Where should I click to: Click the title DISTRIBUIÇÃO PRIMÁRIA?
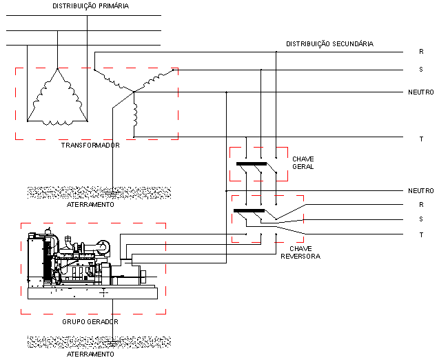click(91, 6)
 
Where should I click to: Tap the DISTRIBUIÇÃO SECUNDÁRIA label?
click(329, 44)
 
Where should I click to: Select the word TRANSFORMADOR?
click(90, 145)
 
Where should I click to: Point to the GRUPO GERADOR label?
click(90, 321)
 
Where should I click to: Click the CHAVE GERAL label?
click(303, 163)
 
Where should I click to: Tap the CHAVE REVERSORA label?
click(300, 252)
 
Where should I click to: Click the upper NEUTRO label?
click(421, 92)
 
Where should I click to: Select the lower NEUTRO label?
click(421, 191)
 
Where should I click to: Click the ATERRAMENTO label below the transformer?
click(90, 205)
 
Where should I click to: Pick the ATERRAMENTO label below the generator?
click(90, 354)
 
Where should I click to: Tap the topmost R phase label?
click(421, 52)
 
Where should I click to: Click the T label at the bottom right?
click(421, 234)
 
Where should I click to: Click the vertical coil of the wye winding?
click(135, 115)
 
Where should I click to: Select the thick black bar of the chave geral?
click(252, 164)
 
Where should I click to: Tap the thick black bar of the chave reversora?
click(249, 210)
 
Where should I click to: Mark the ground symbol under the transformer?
click(112, 192)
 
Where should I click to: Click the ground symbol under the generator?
click(112, 342)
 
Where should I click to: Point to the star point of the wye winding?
click(134, 92)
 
